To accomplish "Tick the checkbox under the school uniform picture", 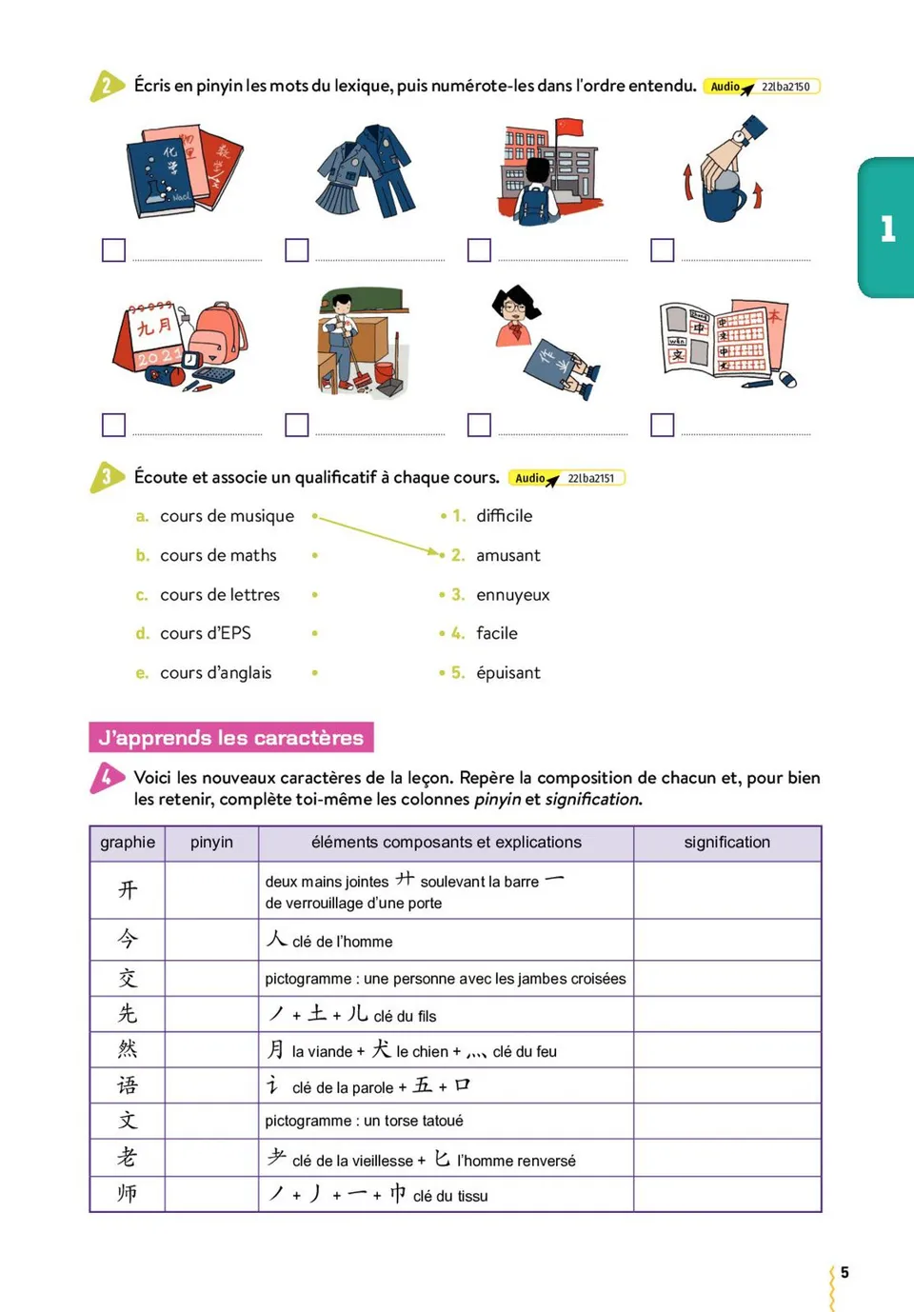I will coord(297,249).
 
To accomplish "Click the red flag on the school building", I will coord(568,128).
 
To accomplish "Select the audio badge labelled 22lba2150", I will coord(762,87).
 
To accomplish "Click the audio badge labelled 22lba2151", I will coord(567,478).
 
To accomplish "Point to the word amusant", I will coord(507,555).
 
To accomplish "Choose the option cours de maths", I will coord(218,555).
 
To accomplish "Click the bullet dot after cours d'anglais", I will coord(315,673).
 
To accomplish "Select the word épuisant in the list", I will coord(507,673).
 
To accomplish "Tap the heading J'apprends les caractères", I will coord(231,738).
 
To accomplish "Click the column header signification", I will coord(726,843).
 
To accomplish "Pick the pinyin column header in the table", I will coord(211,843).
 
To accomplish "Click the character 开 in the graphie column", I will coord(128,890).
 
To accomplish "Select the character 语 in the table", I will coord(128,1085).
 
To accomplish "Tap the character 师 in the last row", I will coord(128,1194).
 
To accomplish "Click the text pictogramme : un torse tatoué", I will coord(364,1122).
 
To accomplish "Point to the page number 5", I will coord(844,1273).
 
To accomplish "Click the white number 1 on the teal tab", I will coord(888,229).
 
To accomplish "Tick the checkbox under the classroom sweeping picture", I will coord(297,425).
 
